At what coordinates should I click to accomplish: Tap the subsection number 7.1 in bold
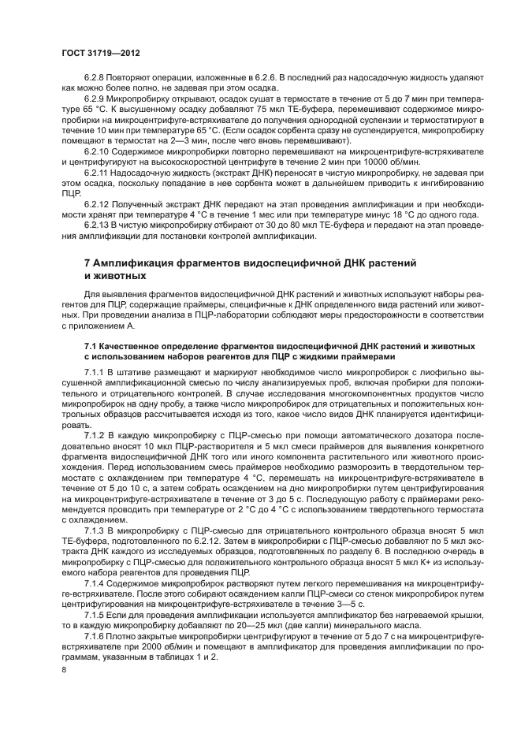click(x=91, y=346)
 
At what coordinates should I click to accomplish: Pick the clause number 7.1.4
click(x=95, y=583)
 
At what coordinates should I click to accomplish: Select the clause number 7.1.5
click(x=95, y=613)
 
